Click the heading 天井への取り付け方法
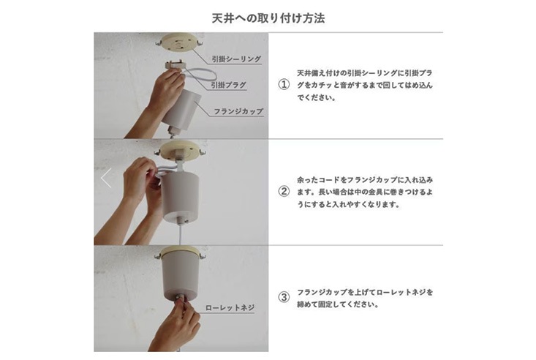[268, 18]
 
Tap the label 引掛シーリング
[236, 59]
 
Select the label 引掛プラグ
[228, 85]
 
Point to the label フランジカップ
[238, 111]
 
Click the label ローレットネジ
[230, 307]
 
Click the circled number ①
[284, 85]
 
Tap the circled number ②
[284, 191]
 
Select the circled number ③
[284, 297]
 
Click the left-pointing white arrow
[106, 178]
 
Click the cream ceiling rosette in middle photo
[180, 151]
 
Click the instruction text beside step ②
[365, 192]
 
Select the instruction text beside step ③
[365, 298]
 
